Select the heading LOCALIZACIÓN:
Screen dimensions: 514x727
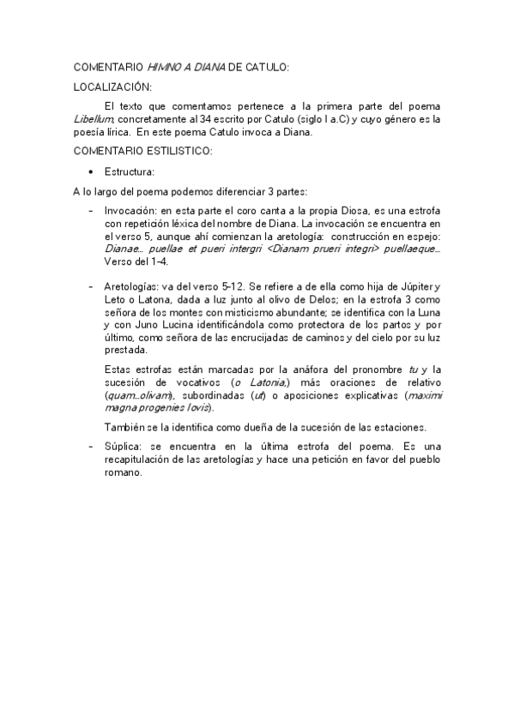(112, 86)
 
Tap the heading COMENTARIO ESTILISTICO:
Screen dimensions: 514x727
(142, 151)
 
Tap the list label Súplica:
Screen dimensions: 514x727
(124, 447)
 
